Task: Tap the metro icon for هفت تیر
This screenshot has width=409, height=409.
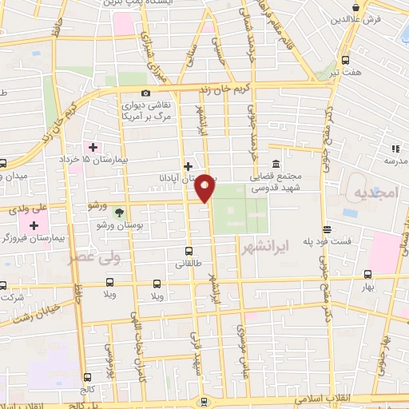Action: pyautogui.click(x=345, y=60)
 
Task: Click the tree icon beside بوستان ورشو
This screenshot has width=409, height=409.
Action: pyautogui.click(x=119, y=212)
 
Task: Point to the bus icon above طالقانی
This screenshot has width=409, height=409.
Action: pyautogui.click(x=189, y=250)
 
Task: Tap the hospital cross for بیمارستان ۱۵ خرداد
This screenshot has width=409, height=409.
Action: pyautogui.click(x=93, y=147)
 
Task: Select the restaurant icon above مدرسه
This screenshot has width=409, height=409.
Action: pyautogui.click(x=395, y=148)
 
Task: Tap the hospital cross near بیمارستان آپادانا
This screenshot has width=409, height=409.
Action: pyautogui.click(x=189, y=167)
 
